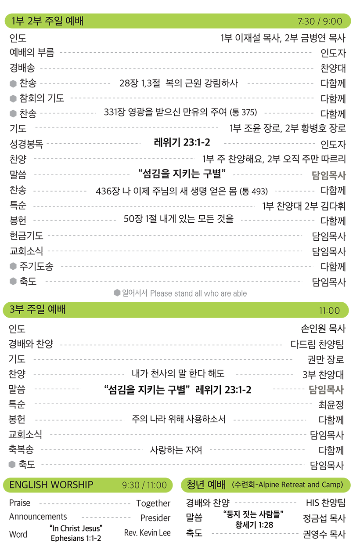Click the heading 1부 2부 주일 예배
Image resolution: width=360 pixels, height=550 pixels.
48,21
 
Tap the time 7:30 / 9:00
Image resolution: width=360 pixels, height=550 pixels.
319,22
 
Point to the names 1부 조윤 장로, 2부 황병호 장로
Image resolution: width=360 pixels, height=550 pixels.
288,128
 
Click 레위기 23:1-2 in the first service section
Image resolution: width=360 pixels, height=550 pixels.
181,142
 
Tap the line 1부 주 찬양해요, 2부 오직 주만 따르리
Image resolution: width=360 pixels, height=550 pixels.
274,159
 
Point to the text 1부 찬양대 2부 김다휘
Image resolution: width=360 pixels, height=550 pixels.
304,206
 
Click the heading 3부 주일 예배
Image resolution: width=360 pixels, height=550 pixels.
37,310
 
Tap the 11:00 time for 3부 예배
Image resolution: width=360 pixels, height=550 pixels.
329,311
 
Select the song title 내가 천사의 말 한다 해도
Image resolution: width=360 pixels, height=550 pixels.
178,374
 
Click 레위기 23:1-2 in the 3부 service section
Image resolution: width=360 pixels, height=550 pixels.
223,389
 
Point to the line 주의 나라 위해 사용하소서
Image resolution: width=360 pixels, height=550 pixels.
178,419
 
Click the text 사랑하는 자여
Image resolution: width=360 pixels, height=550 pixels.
176,450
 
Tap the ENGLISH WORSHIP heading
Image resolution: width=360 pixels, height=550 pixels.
51,485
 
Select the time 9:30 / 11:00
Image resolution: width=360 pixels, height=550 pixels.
144,485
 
